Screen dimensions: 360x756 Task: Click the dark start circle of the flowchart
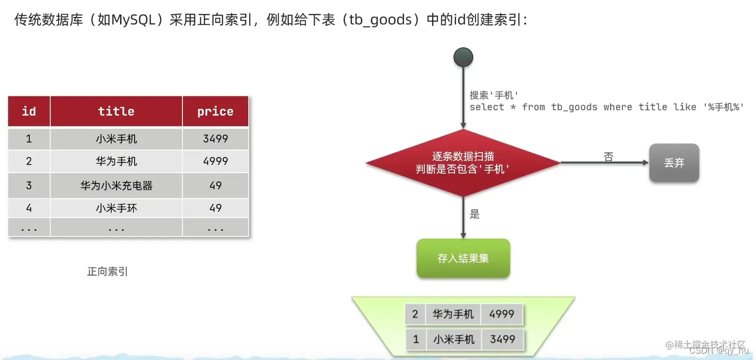[463, 57]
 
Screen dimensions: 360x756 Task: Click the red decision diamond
[463, 163]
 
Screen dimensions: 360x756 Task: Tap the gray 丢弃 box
[673, 163]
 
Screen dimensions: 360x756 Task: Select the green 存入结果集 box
[463, 258]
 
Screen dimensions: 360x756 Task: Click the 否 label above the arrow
[608, 156]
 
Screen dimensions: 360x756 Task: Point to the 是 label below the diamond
[474, 214]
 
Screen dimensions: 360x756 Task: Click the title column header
[116, 111]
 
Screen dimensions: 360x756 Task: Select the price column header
[215, 111]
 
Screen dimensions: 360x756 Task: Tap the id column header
[29, 111]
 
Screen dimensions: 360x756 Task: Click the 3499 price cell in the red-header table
[215, 138]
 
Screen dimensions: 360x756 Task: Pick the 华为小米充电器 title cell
[116, 185]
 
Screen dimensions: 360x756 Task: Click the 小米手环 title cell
[116, 208]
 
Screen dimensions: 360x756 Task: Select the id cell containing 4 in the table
[29, 208]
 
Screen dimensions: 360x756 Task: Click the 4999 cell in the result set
[501, 314]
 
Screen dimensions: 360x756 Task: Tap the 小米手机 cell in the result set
[453, 339]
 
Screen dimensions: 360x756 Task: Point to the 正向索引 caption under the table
[107, 272]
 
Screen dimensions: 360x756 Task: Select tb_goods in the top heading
[380, 20]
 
